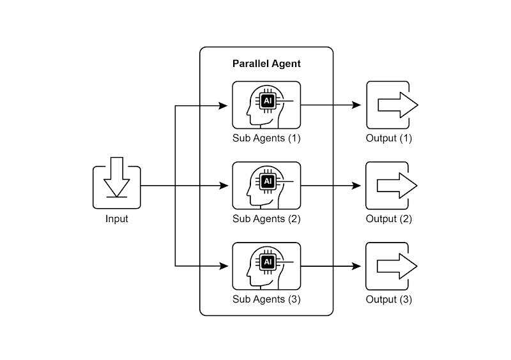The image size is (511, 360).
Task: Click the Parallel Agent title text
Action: (x=266, y=64)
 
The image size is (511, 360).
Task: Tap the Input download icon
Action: (x=116, y=186)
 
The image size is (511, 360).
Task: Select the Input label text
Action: (x=116, y=219)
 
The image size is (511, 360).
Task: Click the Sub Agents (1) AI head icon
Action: (x=266, y=105)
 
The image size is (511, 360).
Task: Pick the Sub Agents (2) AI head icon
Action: (x=266, y=185)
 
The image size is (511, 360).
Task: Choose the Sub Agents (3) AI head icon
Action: (x=266, y=266)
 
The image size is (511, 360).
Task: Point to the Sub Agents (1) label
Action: (x=266, y=139)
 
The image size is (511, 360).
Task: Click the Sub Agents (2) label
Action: (x=266, y=219)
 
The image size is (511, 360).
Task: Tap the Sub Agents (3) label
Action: (x=266, y=299)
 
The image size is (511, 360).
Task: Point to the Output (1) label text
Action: (x=389, y=139)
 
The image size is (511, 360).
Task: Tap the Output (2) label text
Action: (x=389, y=219)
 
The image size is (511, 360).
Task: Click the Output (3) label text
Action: (x=389, y=299)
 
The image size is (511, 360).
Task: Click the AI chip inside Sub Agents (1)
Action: (x=268, y=100)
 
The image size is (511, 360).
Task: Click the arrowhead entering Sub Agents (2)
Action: (x=224, y=186)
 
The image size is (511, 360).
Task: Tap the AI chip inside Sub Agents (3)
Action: (x=268, y=261)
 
